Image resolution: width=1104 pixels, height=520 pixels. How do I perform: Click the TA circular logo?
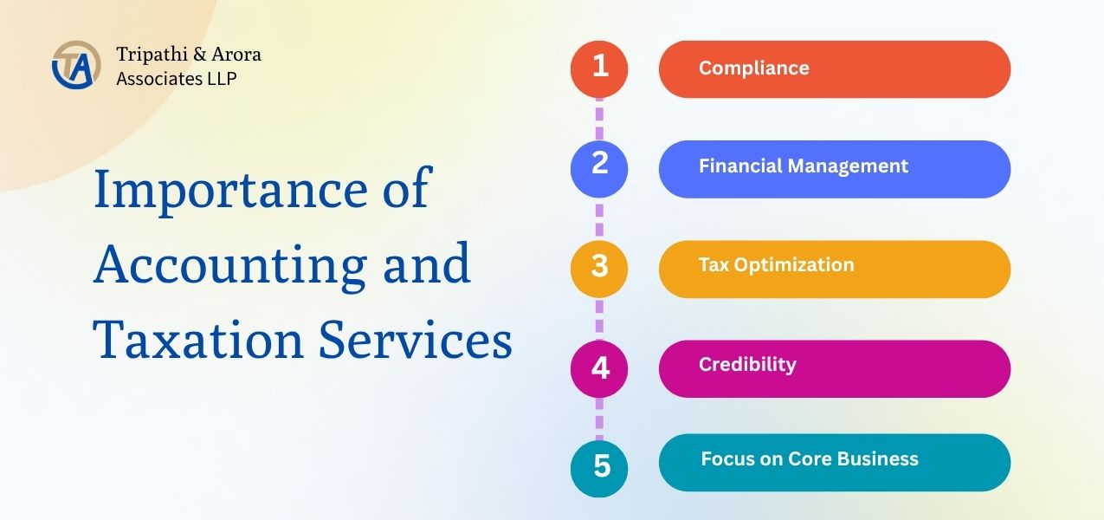pyautogui.click(x=76, y=65)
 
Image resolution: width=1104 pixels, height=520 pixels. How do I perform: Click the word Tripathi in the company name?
pyautogui.click(x=151, y=55)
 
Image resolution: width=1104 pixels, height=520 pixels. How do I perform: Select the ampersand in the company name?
pyautogui.click(x=200, y=54)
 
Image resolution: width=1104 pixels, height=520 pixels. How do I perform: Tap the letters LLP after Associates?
pyautogui.click(x=222, y=79)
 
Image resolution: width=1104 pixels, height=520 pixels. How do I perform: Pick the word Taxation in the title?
pyautogui.click(x=197, y=340)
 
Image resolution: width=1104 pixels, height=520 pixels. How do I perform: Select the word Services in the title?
pyautogui.click(x=416, y=340)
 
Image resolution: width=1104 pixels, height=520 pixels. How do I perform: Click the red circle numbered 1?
pyautogui.click(x=599, y=69)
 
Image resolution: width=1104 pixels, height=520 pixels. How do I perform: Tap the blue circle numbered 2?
pyautogui.click(x=599, y=169)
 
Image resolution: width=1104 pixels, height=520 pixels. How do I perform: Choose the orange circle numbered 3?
pyautogui.click(x=599, y=269)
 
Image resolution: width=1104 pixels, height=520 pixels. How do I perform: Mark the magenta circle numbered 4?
pyautogui.click(x=599, y=368)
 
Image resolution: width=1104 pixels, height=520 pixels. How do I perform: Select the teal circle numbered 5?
pyautogui.click(x=599, y=468)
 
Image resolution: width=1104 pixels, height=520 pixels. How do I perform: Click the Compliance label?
pyautogui.click(x=754, y=68)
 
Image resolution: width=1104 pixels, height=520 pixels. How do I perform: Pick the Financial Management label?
pyautogui.click(x=804, y=166)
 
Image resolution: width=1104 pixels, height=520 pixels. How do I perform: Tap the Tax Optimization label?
pyautogui.click(x=776, y=265)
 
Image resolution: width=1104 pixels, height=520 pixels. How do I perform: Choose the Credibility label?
pyautogui.click(x=747, y=365)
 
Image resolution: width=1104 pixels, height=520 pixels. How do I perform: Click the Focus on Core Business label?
pyautogui.click(x=810, y=458)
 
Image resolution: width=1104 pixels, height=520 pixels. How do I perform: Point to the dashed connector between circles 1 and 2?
pyautogui.click(x=599, y=120)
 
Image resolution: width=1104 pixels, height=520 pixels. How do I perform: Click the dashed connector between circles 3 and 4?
pyautogui.click(x=599, y=319)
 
